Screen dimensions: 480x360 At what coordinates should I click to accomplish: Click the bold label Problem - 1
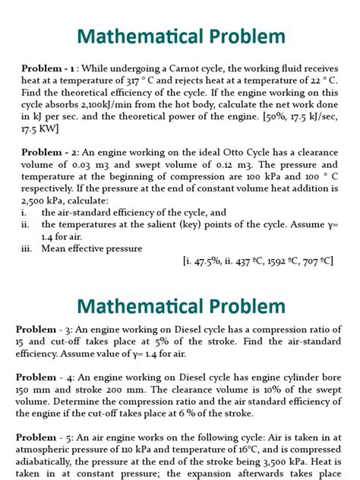coord(49,67)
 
